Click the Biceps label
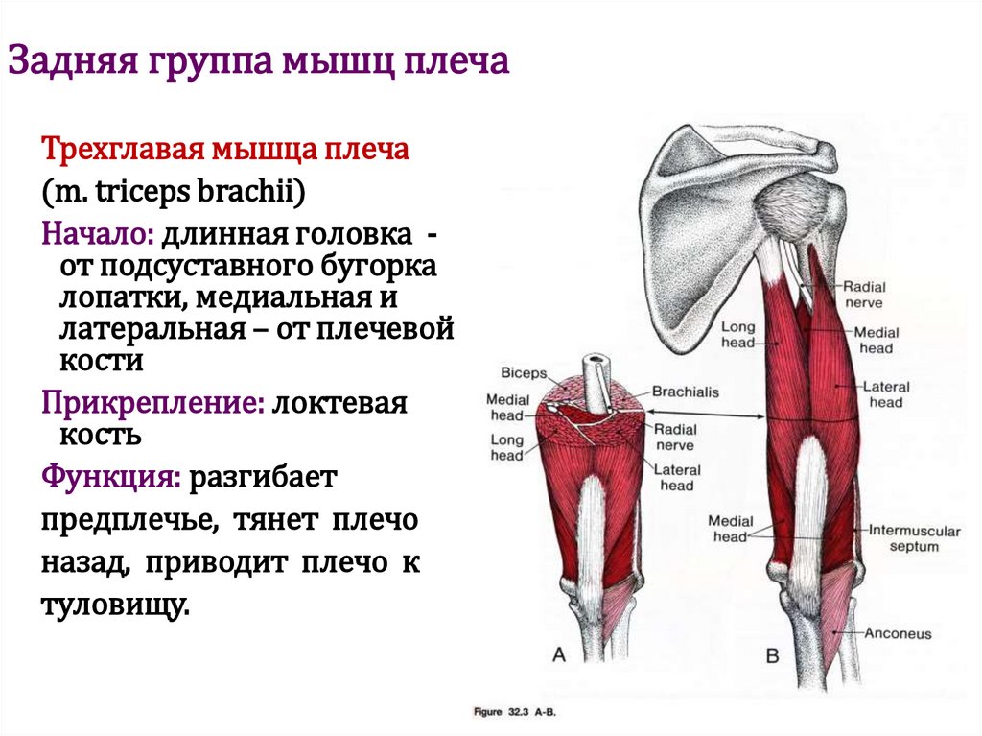(523, 373)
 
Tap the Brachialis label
(685, 392)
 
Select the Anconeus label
(898, 633)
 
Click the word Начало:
(97, 233)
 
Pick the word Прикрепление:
(152, 402)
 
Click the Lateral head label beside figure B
(885, 394)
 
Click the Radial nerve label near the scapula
(864, 294)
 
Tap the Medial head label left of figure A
(504, 407)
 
